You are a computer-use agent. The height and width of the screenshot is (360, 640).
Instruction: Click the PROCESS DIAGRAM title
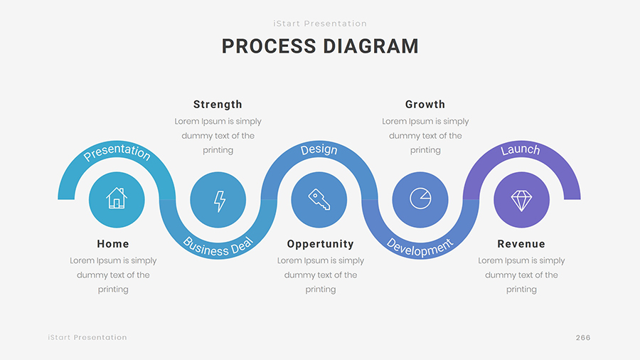pyautogui.click(x=320, y=46)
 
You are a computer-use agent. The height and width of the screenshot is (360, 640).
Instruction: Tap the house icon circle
pyautogui.click(x=117, y=199)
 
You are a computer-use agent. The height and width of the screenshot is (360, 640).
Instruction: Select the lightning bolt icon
pyautogui.click(x=218, y=201)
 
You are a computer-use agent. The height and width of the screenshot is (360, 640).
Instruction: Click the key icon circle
pyautogui.click(x=319, y=199)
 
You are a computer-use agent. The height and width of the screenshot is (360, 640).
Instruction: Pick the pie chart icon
pyautogui.click(x=420, y=199)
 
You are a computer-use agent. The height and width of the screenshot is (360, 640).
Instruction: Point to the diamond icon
pyautogui.click(x=521, y=200)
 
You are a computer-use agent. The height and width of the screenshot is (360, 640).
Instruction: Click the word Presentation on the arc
pyautogui.click(x=117, y=152)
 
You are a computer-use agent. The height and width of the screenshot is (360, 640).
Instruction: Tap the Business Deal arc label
pyautogui.click(x=218, y=245)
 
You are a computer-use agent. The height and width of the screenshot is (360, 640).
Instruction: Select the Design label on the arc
pyautogui.click(x=319, y=150)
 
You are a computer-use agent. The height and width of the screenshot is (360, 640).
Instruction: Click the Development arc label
pyautogui.click(x=420, y=246)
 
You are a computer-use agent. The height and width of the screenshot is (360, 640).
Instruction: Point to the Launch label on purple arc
pyautogui.click(x=521, y=150)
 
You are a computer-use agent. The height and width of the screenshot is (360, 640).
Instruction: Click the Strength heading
pyautogui.click(x=218, y=105)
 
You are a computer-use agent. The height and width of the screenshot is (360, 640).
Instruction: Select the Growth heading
pyautogui.click(x=425, y=105)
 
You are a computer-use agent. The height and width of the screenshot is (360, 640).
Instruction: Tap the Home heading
pyautogui.click(x=113, y=244)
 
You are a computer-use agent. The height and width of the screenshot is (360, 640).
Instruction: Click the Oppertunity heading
pyautogui.click(x=320, y=244)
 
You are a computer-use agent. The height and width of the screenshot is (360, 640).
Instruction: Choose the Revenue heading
pyautogui.click(x=521, y=244)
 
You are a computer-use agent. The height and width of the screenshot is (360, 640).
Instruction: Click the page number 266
pyautogui.click(x=583, y=337)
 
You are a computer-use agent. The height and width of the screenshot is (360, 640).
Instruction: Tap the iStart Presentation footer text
pyautogui.click(x=87, y=337)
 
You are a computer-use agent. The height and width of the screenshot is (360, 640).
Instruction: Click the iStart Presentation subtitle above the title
pyautogui.click(x=320, y=23)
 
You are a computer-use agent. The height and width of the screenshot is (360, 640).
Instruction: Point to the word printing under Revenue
pyautogui.click(x=521, y=290)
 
